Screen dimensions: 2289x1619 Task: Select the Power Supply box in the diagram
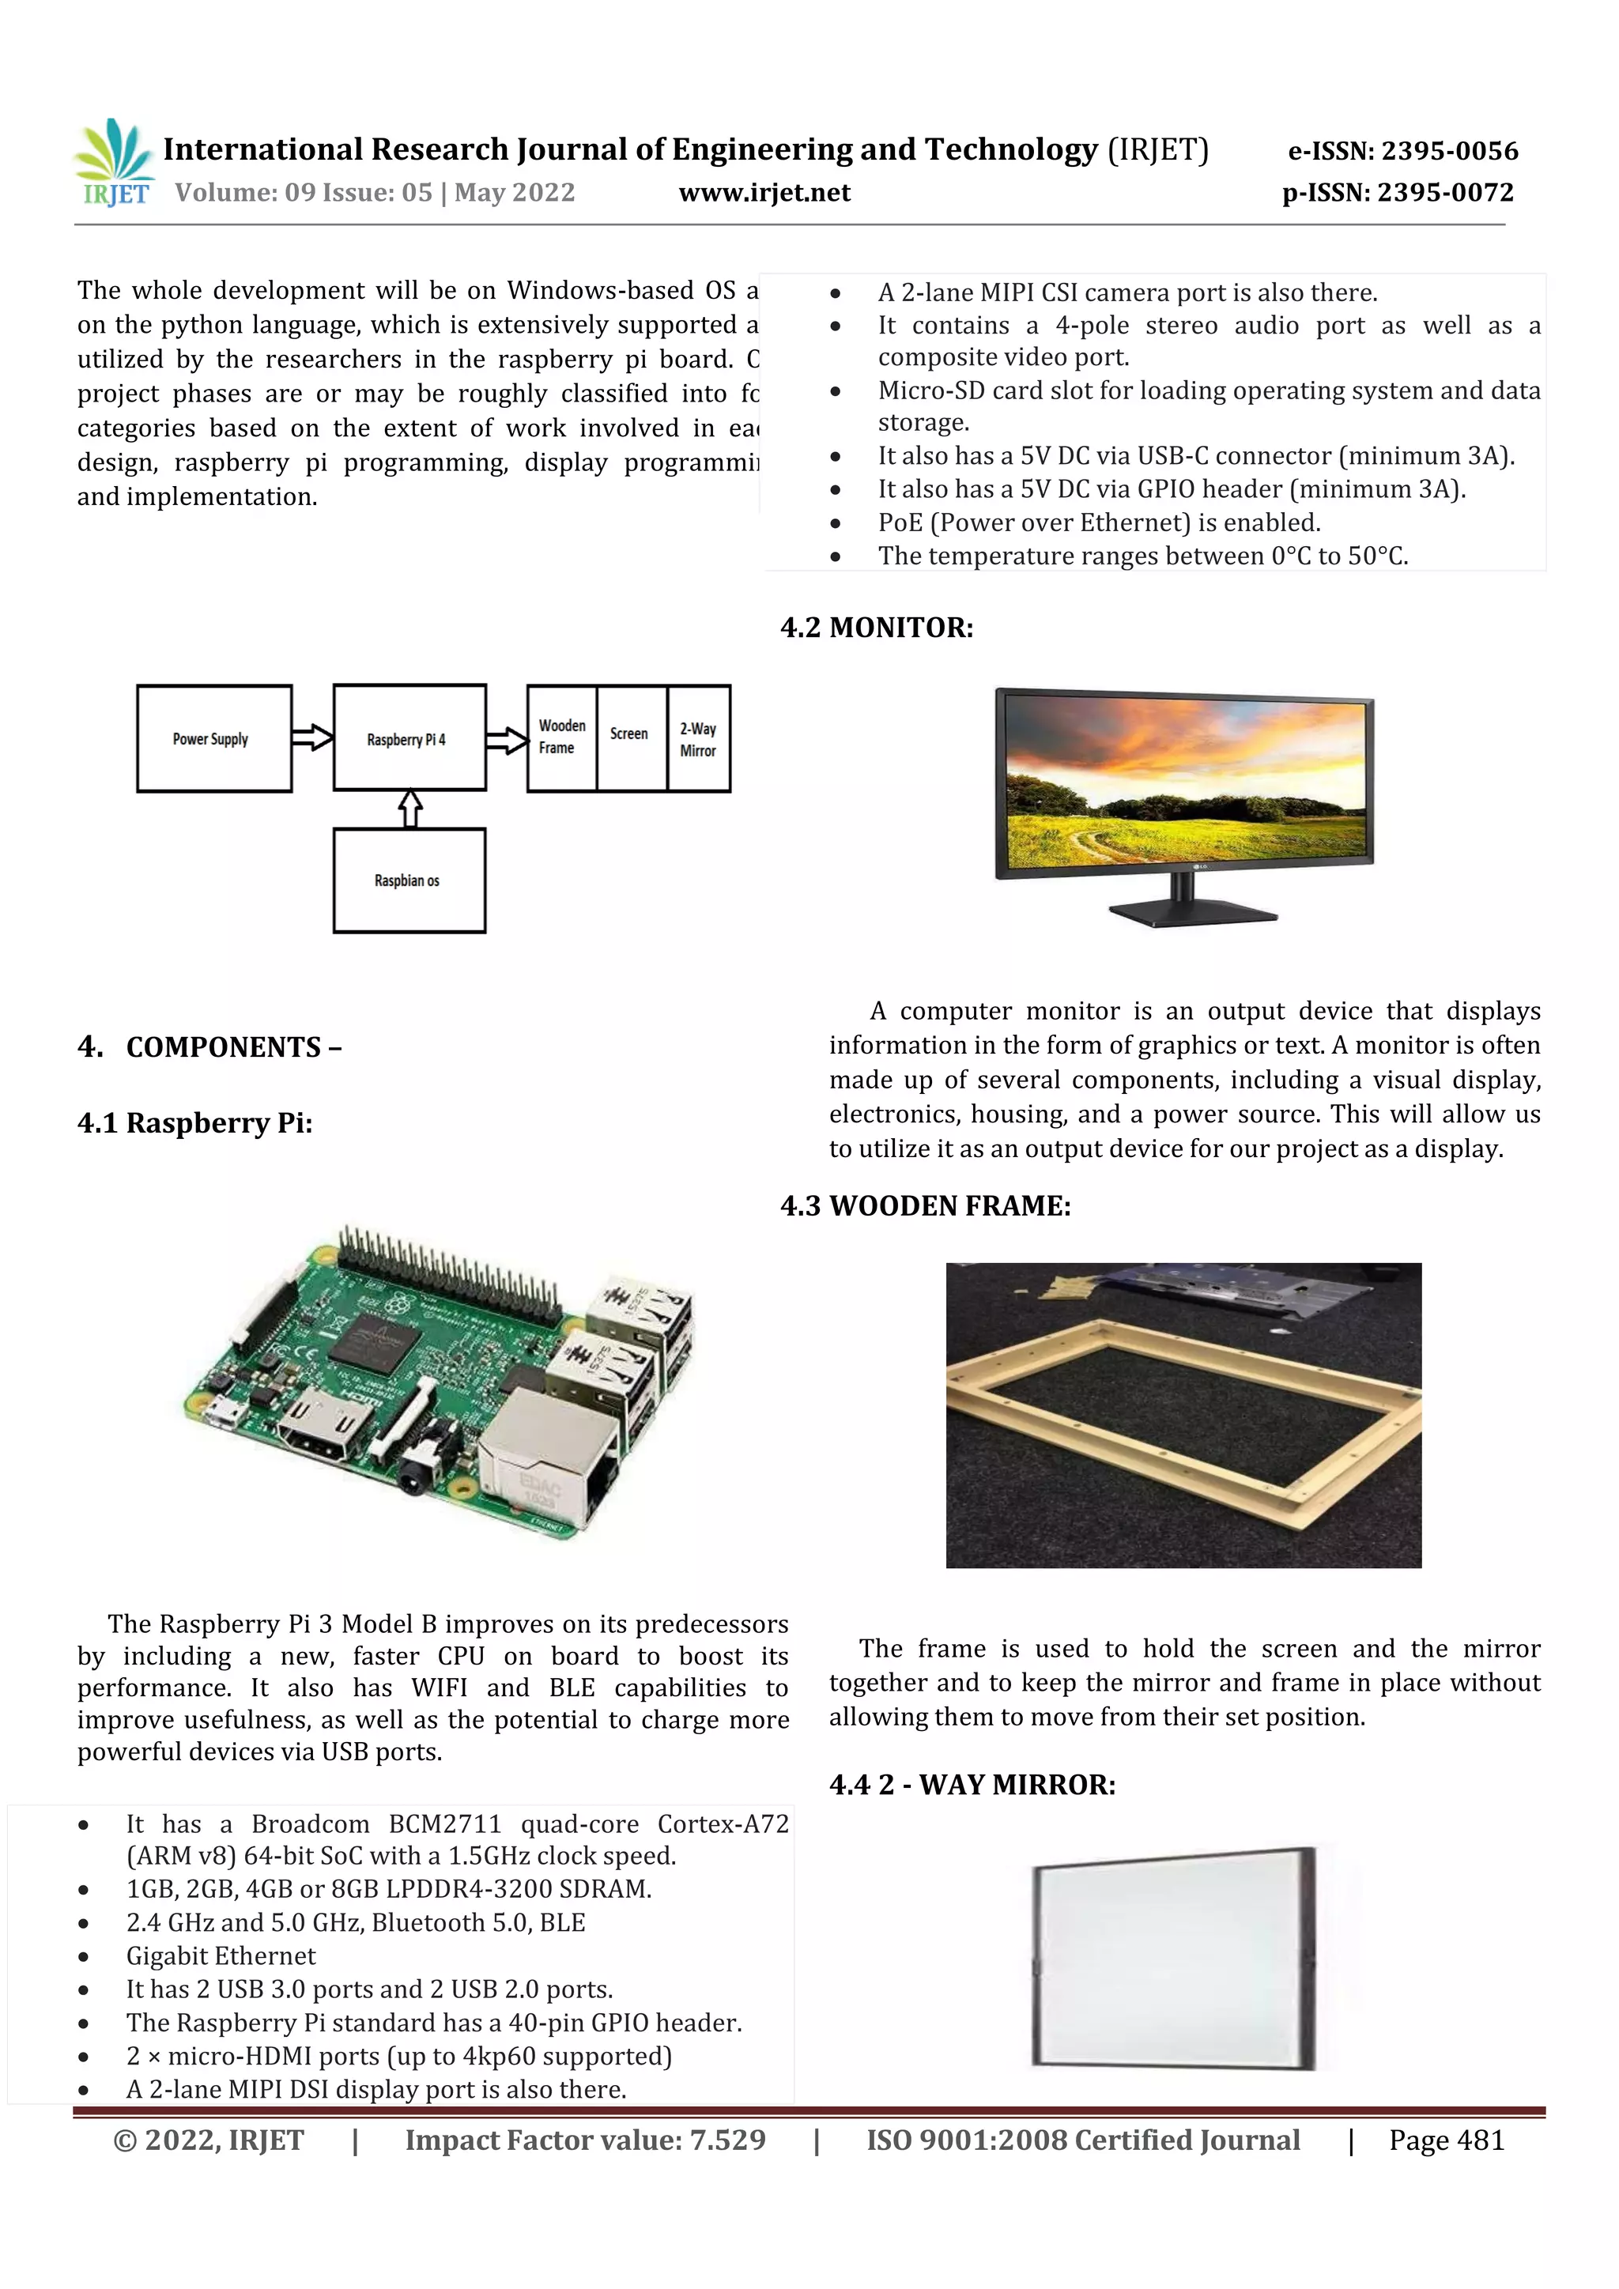[213, 739]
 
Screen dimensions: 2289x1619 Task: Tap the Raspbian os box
[409, 881]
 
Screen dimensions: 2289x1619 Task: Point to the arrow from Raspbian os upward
[409, 809]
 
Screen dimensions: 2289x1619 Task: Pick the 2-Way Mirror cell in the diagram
[698, 739]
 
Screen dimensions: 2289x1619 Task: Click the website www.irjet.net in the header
[764, 194]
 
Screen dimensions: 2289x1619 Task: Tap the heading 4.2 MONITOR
[876, 628]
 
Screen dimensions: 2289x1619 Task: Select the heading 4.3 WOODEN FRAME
[925, 1206]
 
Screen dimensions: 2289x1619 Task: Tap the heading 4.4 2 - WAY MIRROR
[972, 1785]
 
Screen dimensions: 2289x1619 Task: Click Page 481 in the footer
[1446, 2140]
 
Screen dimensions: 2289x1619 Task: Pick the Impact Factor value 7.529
[585, 2140]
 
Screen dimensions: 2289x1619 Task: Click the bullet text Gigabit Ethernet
[221, 1956]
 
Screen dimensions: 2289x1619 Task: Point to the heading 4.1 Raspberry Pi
[194, 1124]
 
